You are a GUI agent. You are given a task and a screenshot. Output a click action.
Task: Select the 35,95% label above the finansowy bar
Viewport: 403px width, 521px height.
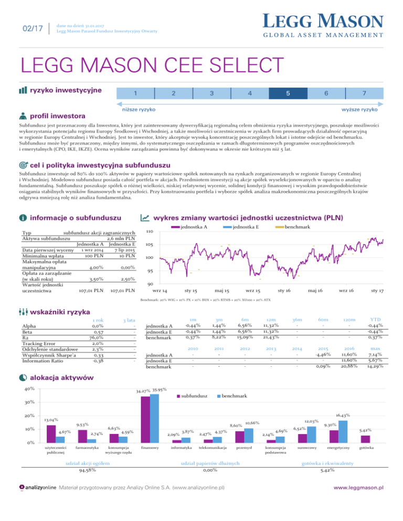(158, 389)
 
